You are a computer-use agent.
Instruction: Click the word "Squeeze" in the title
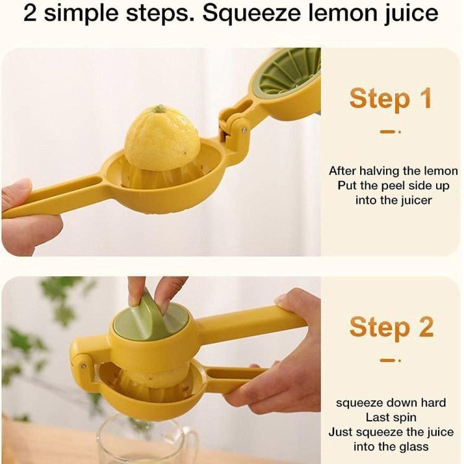251,14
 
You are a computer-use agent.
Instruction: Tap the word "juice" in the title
410,14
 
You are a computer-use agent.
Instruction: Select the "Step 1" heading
390,98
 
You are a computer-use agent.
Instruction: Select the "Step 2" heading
391,327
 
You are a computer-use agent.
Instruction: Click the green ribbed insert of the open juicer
288,72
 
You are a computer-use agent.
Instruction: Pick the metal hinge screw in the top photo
244,130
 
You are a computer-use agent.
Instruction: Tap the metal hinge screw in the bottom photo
84,366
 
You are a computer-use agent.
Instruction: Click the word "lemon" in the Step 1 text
441,171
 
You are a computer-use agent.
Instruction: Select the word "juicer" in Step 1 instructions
416,200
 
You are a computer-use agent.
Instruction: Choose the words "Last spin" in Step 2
390,418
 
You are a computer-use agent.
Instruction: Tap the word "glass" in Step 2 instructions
414,447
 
